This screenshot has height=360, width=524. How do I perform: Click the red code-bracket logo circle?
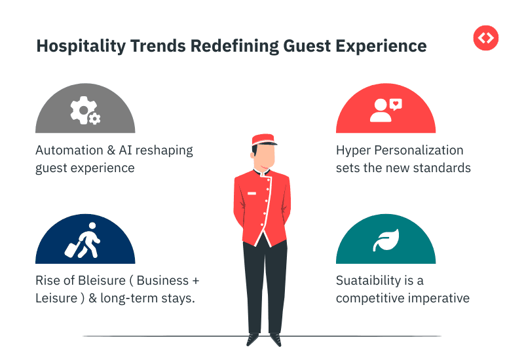(485, 37)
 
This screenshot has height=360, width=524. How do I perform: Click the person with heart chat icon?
(385, 111)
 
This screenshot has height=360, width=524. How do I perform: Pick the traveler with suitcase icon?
(83, 240)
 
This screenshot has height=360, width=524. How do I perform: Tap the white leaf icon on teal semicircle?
(384, 240)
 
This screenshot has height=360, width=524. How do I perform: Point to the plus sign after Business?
(195, 281)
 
